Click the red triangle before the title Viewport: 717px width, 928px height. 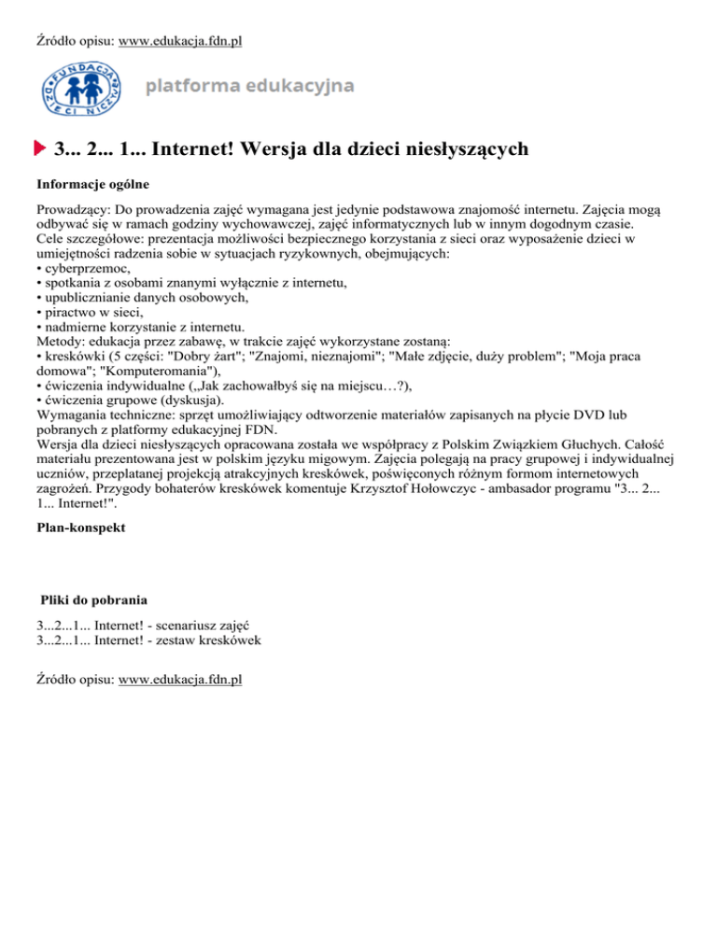[x=40, y=148]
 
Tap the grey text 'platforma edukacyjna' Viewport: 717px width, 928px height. [x=249, y=87]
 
